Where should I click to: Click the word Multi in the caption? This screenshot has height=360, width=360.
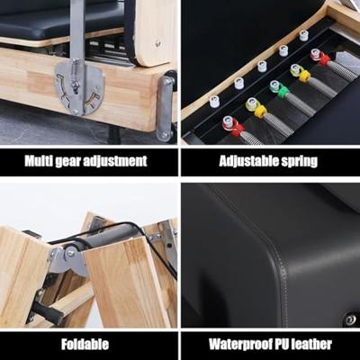[39, 161]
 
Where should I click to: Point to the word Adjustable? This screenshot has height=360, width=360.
[245, 161]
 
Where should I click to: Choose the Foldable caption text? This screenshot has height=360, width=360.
[85, 344]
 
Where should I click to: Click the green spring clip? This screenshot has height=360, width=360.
[280, 89]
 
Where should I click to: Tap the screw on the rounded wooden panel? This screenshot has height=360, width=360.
[157, 42]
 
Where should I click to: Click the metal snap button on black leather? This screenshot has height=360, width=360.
[350, 319]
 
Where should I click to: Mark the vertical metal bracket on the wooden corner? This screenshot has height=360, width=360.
[165, 108]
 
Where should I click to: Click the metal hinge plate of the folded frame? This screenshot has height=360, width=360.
[68, 260]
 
